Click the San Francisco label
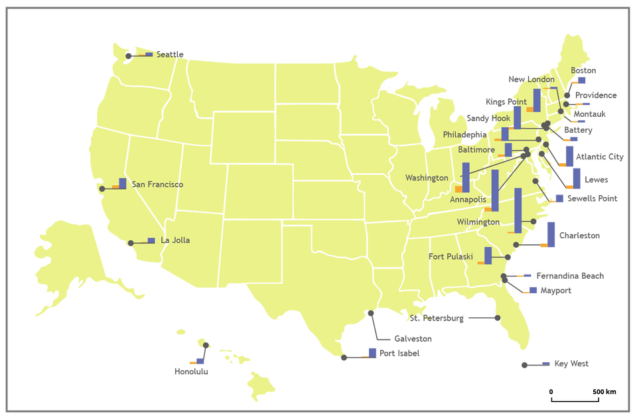click(x=157, y=184)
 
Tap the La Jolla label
click(x=175, y=240)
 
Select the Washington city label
click(x=427, y=178)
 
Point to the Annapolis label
click(x=468, y=199)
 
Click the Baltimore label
click(x=476, y=150)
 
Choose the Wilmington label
click(x=478, y=222)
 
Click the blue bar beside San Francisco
click(x=123, y=183)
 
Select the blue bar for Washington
click(x=466, y=177)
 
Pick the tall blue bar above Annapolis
click(x=494, y=190)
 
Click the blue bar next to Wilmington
click(x=518, y=211)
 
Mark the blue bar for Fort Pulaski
click(x=488, y=255)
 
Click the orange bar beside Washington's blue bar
click(x=459, y=188)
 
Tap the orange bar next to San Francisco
click(x=115, y=187)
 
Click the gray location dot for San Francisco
click(x=102, y=189)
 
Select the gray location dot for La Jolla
click(x=131, y=243)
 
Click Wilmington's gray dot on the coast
click(x=533, y=221)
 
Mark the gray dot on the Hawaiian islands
click(x=206, y=346)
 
